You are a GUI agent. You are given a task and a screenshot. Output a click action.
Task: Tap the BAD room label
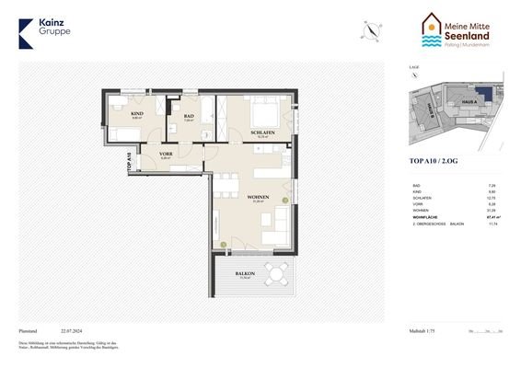187,117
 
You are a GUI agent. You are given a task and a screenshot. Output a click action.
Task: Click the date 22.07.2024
72,328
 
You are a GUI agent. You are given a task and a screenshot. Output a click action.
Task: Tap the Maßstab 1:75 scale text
424,328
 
